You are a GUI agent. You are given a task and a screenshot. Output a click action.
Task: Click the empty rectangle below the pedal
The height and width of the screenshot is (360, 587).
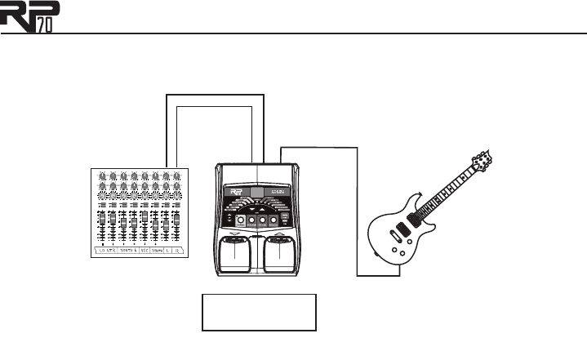click(260, 313)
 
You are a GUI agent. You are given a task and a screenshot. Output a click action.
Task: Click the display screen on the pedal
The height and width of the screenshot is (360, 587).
click(258, 195)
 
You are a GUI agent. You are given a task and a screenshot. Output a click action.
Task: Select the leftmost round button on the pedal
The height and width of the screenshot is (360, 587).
click(240, 220)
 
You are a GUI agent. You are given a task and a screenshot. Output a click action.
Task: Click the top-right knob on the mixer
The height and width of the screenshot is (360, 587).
click(176, 176)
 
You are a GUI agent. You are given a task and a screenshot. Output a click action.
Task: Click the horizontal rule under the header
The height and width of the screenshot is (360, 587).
click(327, 34)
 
